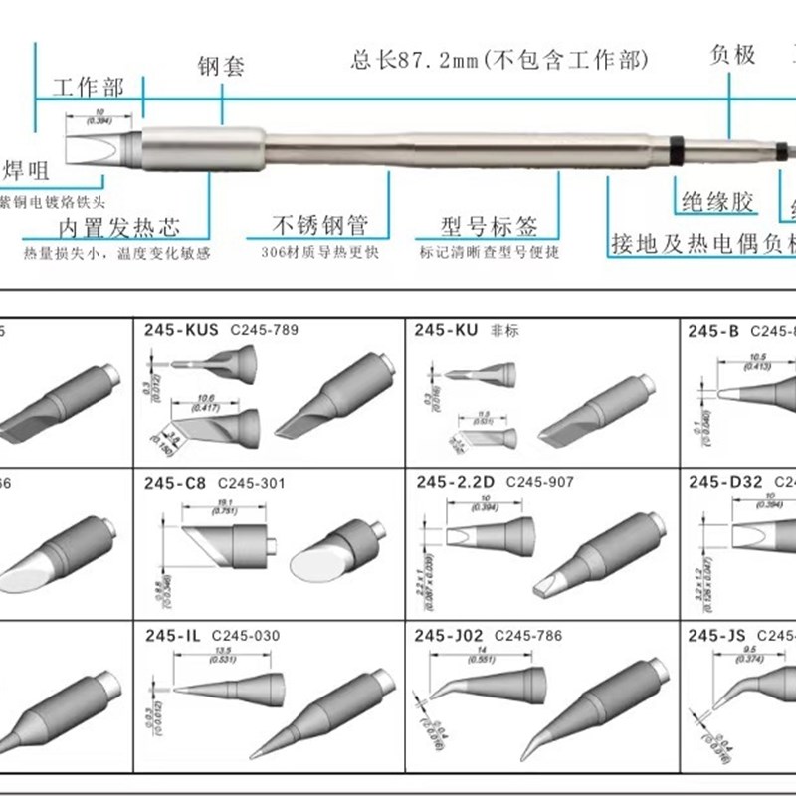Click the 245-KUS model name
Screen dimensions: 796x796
click(182, 330)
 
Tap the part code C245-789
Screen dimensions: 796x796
click(264, 330)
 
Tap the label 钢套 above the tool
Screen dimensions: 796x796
click(219, 69)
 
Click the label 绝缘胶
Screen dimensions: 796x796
click(714, 202)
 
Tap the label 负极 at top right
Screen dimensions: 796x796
click(733, 56)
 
